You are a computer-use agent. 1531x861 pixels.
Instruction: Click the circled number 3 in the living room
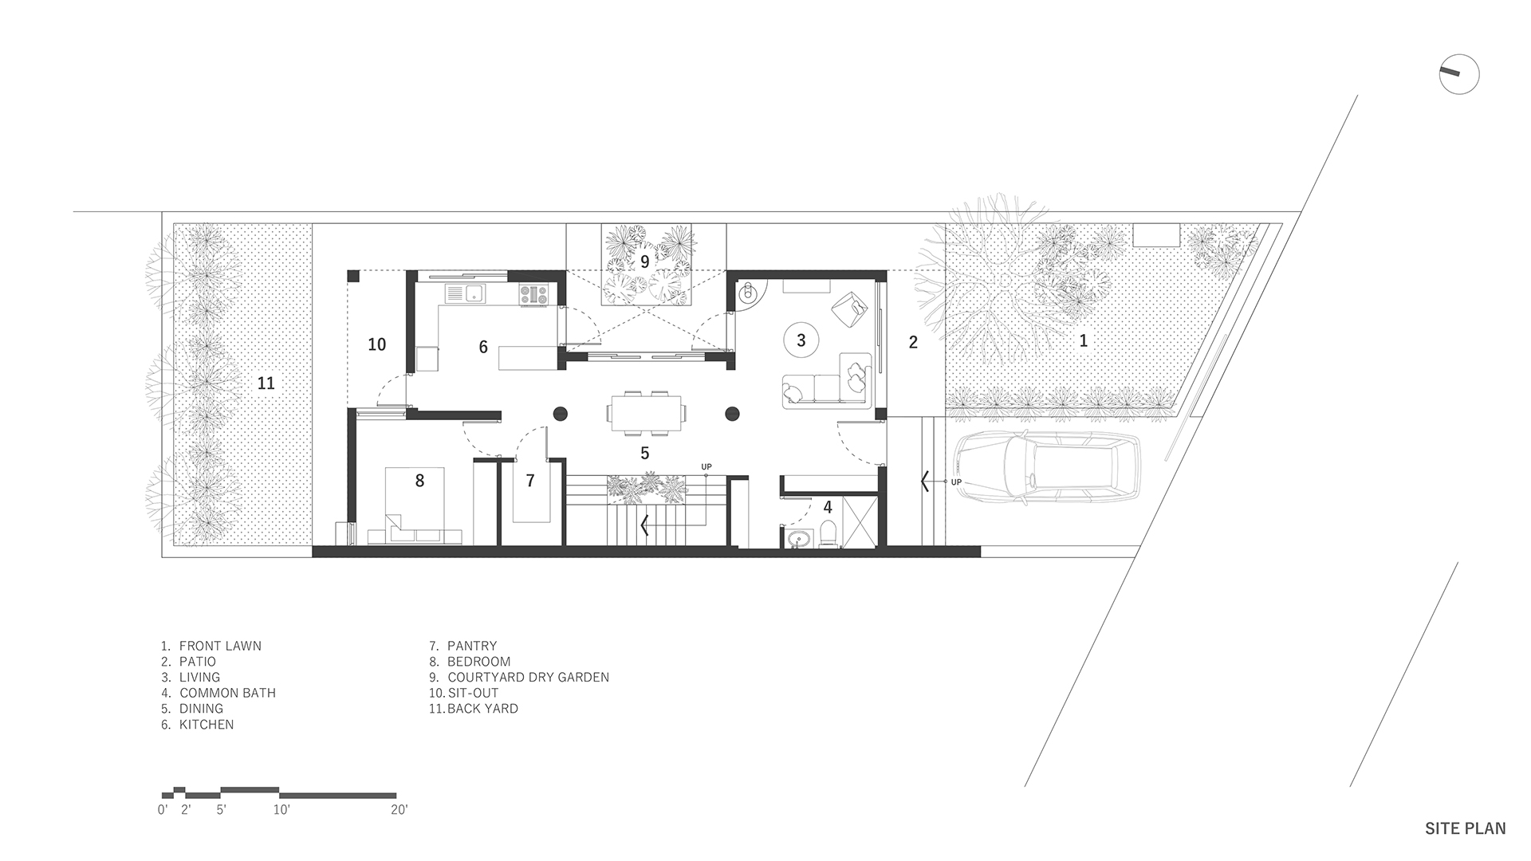(x=801, y=340)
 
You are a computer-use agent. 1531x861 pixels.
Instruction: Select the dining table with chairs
(x=647, y=413)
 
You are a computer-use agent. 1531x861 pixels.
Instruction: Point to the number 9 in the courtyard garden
(x=644, y=261)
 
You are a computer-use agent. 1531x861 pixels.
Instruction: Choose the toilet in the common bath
(x=828, y=534)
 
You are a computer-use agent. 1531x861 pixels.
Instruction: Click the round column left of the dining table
(x=560, y=413)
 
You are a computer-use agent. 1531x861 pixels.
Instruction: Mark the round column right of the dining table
(x=732, y=413)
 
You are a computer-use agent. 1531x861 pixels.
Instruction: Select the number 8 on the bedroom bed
(x=419, y=480)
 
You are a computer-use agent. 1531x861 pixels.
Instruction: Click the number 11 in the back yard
(x=266, y=383)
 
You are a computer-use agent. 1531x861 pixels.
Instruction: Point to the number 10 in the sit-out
(x=377, y=344)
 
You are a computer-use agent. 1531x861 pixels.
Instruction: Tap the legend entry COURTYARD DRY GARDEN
(x=528, y=678)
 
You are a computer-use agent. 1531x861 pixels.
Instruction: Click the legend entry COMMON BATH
(x=227, y=693)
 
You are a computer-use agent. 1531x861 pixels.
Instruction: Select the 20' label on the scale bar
(x=399, y=810)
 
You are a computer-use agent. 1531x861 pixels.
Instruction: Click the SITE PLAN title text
(x=1466, y=829)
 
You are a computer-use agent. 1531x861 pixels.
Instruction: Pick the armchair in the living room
(x=850, y=308)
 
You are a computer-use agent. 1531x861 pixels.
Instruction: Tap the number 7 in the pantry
(x=529, y=481)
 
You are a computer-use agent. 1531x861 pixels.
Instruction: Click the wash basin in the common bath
(x=795, y=540)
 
